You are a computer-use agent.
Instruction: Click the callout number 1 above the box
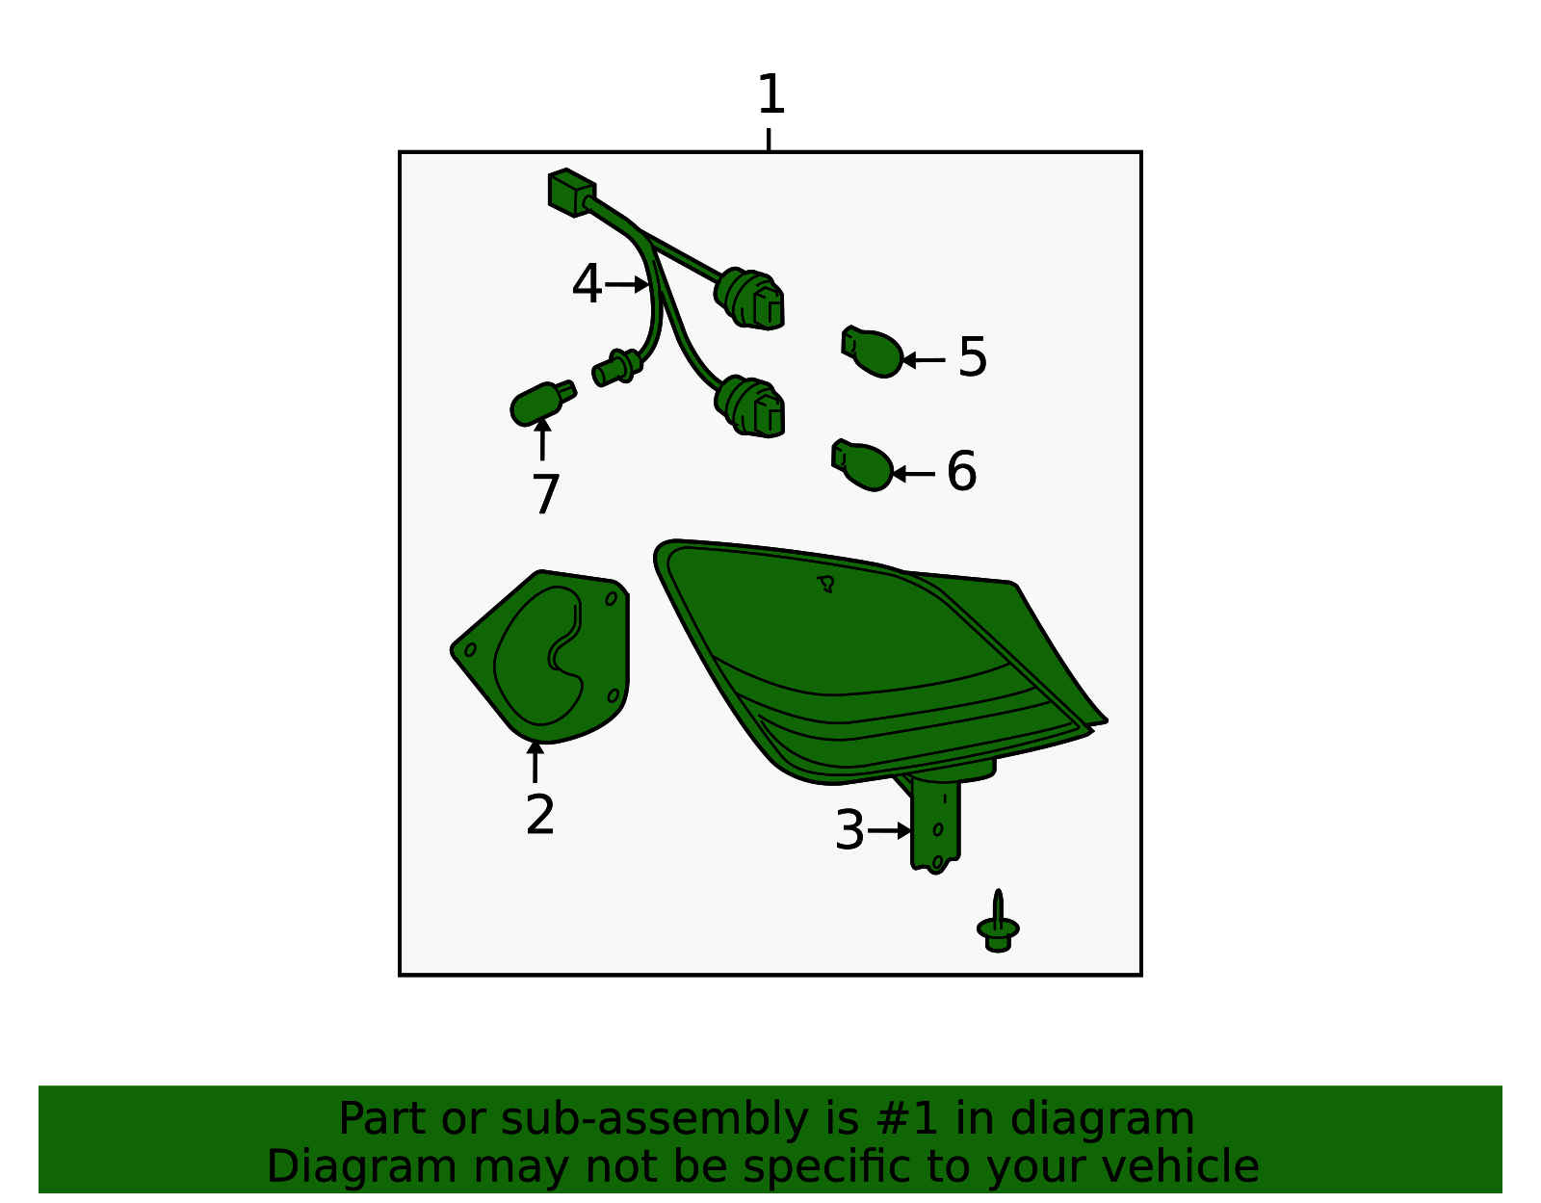pos(770,94)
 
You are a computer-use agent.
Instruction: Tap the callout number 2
pos(539,816)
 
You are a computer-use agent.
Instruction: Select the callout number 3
pos(849,831)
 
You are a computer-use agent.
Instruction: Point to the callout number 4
pos(587,284)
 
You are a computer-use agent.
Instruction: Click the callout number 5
pos(972,358)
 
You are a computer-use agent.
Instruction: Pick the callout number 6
pos(961,471)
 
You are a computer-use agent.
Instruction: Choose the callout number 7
pos(545,495)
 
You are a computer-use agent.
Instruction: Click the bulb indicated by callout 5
pos(872,352)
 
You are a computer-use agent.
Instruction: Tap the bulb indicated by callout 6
pos(862,466)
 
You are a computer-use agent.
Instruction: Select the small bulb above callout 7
pos(542,405)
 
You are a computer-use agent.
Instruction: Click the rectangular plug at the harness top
pos(571,193)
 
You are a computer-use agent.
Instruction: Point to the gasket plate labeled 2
pos(540,657)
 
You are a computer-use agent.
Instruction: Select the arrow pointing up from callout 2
pos(535,762)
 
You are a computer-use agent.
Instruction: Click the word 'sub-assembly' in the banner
pos(654,1119)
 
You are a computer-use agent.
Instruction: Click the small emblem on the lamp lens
pos(825,584)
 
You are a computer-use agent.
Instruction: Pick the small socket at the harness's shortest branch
pos(617,367)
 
